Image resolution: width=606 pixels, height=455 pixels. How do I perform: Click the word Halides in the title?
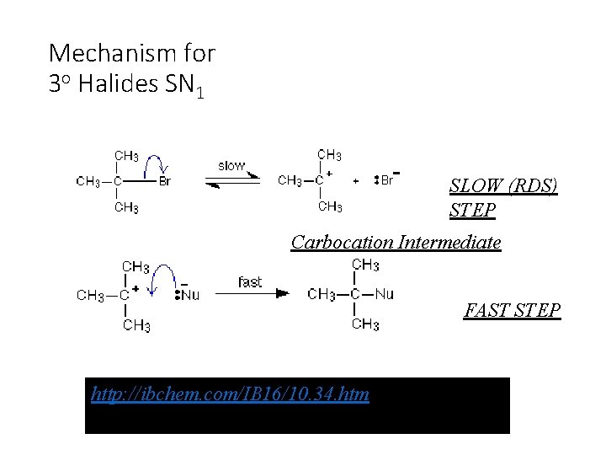click(x=114, y=84)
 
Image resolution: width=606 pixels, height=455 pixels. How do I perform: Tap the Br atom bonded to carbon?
click(x=165, y=180)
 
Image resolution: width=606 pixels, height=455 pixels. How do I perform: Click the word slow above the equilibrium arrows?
click(x=231, y=165)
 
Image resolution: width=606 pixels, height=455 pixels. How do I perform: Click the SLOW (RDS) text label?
click(x=503, y=186)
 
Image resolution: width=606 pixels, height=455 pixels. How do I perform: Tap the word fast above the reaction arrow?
click(x=250, y=281)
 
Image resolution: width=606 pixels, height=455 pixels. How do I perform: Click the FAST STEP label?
click(x=512, y=311)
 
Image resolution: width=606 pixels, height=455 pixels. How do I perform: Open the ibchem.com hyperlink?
click(x=231, y=393)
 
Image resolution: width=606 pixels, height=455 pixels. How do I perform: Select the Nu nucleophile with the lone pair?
click(x=188, y=295)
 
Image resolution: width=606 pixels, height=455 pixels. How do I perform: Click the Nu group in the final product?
click(x=384, y=294)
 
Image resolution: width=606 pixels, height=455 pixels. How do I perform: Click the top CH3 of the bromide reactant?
click(x=126, y=156)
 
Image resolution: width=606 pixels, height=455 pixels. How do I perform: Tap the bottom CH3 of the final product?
click(x=365, y=324)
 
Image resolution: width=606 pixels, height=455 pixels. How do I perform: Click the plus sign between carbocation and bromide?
click(x=355, y=180)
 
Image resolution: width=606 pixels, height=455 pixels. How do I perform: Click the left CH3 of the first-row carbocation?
click(x=290, y=180)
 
